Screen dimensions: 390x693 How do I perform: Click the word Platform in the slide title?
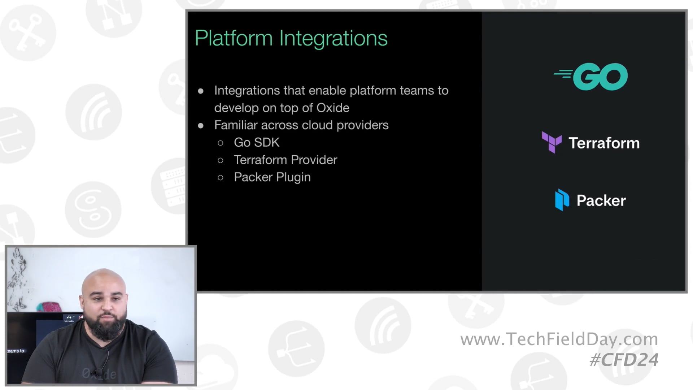234,38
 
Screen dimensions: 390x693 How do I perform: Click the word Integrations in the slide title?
333,38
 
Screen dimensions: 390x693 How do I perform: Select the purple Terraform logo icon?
552,142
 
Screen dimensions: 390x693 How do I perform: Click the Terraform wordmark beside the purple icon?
604,143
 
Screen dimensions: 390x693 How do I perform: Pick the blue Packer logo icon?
562,200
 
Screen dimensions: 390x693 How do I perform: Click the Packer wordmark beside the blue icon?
601,201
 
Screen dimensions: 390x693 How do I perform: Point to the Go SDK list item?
257,142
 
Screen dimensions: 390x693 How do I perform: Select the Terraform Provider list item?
285,160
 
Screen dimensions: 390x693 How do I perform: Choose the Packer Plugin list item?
272,177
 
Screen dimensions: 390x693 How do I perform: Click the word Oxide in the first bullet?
333,108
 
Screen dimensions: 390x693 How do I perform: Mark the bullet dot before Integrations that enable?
201,91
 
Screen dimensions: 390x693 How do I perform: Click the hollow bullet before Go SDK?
221,143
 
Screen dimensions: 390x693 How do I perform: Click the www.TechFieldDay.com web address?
559,339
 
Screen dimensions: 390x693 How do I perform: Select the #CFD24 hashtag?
624,360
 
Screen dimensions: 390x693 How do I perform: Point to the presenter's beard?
106,329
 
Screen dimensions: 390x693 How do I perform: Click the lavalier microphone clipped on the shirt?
97,372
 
